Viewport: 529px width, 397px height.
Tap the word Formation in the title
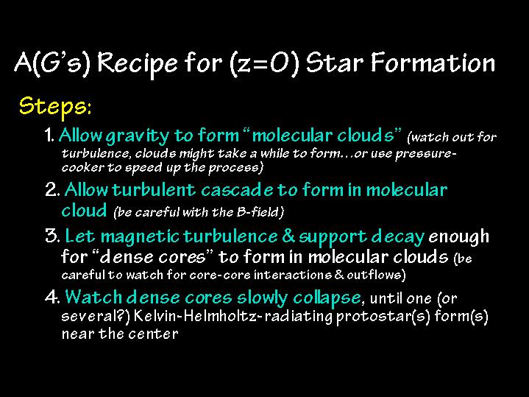pyautogui.click(x=433, y=63)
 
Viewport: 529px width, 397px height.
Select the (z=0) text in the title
pyautogui.click(x=264, y=64)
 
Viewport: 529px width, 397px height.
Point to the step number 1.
pyautogui.click(x=49, y=135)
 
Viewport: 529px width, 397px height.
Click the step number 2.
pyautogui.click(x=53, y=189)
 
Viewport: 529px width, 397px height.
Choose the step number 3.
pyautogui.click(x=53, y=236)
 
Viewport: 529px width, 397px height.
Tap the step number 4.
pyautogui.click(x=53, y=297)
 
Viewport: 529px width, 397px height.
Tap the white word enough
pyautogui.click(x=458, y=237)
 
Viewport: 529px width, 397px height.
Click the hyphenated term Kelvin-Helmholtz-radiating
pyautogui.click(x=233, y=316)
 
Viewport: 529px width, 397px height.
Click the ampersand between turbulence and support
pyautogui.click(x=288, y=236)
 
